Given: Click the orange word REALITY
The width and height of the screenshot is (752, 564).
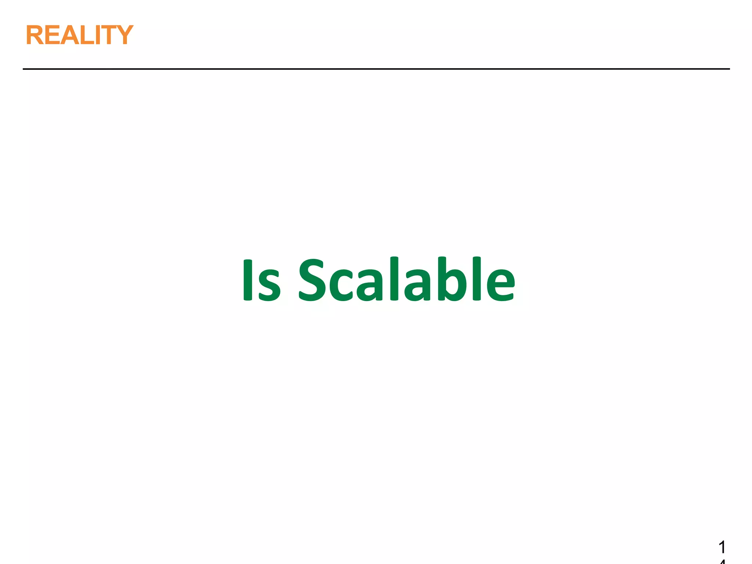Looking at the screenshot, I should pos(79,35).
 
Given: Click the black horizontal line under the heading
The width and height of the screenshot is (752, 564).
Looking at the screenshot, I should pos(376,69).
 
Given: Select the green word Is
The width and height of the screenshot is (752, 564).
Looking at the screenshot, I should pos(261,280).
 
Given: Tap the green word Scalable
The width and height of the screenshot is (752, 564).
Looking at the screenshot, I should pos(407,279).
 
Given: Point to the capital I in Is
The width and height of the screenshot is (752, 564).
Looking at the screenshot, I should pos(248,280).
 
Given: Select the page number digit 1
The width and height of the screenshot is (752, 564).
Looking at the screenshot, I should pos(722,547).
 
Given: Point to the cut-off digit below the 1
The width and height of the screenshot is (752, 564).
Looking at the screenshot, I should pos(722,561).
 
